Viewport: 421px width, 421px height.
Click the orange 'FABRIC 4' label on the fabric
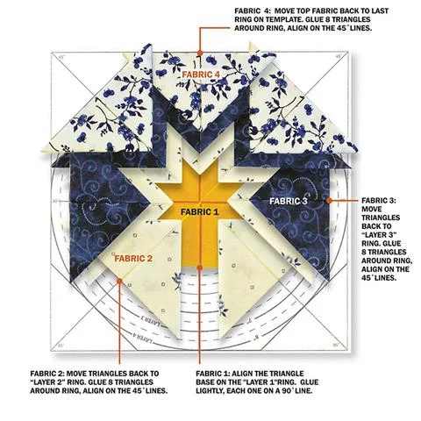(x=201, y=75)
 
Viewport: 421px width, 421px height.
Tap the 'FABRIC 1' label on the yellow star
(x=200, y=211)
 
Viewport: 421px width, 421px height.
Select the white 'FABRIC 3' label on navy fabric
(x=289, y=201)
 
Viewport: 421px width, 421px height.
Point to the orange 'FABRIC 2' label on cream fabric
(x=133, y=259)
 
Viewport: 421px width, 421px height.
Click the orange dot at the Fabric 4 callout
(x=200, y=53)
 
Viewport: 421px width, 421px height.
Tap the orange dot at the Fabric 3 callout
(x=329, y=201)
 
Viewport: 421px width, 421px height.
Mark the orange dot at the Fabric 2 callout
(x=119, y=281)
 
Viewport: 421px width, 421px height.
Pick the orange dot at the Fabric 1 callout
(x=200, y=268)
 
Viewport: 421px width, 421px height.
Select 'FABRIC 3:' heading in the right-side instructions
(x=379, y=201)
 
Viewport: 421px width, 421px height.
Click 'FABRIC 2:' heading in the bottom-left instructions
(x=47, y=374)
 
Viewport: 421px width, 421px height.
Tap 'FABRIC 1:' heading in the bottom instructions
(x=212, y=374)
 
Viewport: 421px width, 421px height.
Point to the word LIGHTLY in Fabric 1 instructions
(x=210, y=390)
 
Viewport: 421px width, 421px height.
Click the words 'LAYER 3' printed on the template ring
(x=151, y=321)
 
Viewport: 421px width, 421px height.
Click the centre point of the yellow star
(x=200, y=202)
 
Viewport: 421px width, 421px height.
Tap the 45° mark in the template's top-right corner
(x=339, y=56)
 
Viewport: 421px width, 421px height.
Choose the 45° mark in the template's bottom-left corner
(x=61, y=346)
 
